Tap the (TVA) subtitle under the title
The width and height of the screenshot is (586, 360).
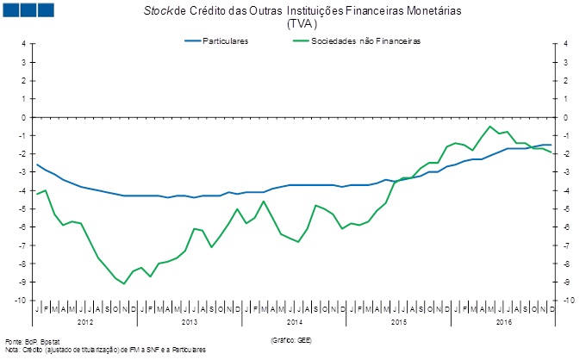296,25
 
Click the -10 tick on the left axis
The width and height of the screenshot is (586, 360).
22,301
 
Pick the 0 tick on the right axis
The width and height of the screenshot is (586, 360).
564,117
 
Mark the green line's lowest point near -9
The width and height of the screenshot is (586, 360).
124,283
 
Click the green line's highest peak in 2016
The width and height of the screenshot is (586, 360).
490,127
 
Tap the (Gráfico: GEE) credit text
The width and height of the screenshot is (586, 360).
290,341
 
